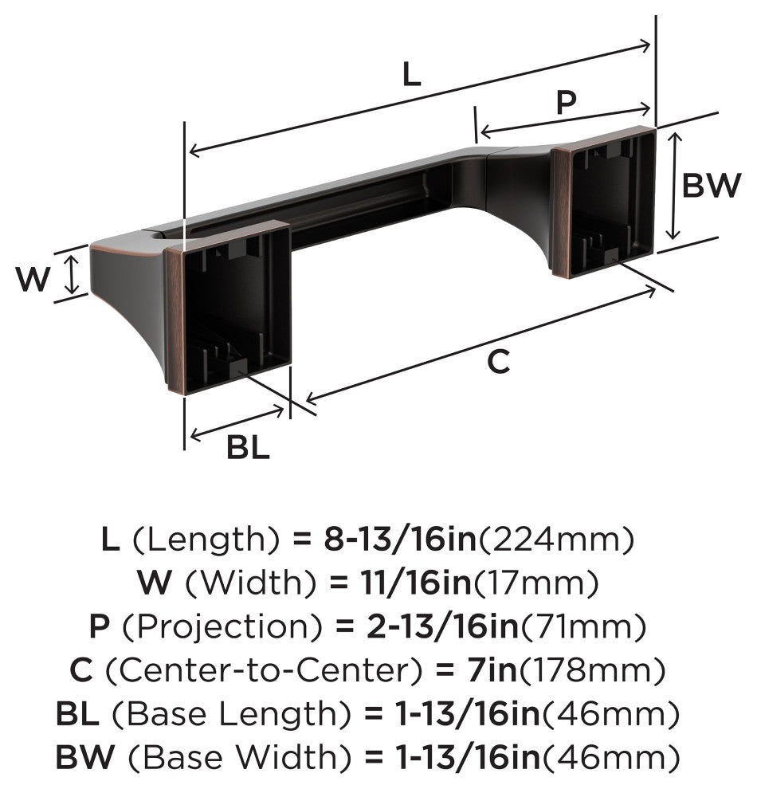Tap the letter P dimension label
tap(566, 103)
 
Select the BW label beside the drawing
tap(712, 185)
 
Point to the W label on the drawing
tap(33, 280)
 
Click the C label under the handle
tap(499, 362)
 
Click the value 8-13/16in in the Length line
tap(400, 539)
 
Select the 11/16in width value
tap(416, 583)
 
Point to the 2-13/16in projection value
tap(442, 626)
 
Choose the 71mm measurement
tap(582, 627)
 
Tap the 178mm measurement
tap(591, 671)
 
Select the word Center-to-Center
tap(263, 671)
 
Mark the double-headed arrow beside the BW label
tap(673, 186)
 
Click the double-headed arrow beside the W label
tap(72, 274)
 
